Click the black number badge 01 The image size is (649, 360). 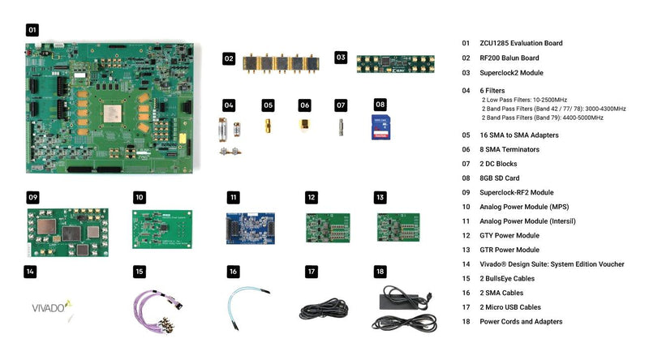point(32,30)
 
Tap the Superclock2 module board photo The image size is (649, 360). point(395,63)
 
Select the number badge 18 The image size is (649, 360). point(380,272)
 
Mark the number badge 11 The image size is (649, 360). point(234,197)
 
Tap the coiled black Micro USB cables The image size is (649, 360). point(323,310)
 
